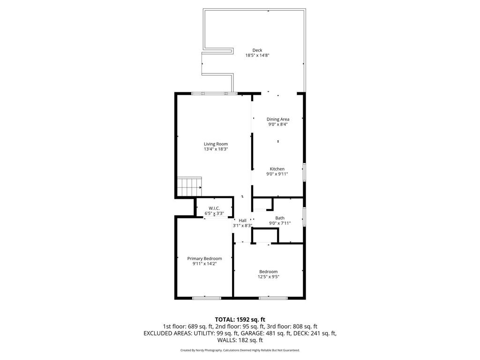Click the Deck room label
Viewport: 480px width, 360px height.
tap(257, 50)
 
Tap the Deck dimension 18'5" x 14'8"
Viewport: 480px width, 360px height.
tap(257, 55)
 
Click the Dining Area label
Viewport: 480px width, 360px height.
tap(278, 119)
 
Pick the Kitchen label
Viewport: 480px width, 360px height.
tap(277, 169)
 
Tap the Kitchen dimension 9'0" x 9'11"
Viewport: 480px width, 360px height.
tap(277, 174)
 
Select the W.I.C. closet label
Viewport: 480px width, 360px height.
tap(214, 208)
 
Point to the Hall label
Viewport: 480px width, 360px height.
tap(242, 220)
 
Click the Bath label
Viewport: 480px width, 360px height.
tap(280, 218)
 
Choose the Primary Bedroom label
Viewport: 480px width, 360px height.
tap(204, 258)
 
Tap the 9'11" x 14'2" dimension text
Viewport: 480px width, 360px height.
tap(204, 263)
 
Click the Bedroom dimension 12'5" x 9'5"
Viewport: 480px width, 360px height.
tap(269, 277)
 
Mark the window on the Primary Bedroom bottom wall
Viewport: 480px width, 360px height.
tap(206, 298)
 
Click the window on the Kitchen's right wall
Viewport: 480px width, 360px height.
tap(304, 172)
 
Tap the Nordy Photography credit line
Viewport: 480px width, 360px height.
tap(240, 350)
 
